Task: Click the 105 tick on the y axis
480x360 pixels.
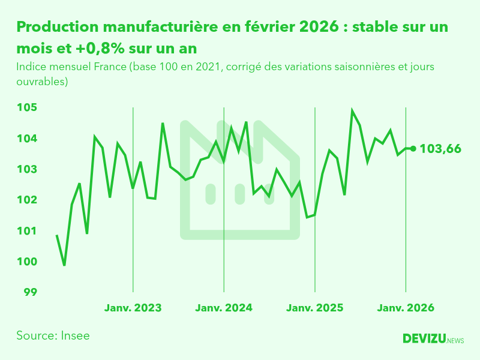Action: click(26, 108)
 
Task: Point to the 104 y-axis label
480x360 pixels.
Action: click(26, 139)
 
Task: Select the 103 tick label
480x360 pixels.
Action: click(26, 169)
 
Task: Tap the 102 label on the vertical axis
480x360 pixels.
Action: click(26, 200)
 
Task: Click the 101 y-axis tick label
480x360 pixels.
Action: click(26, 231)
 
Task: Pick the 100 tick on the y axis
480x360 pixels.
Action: click(26, 262)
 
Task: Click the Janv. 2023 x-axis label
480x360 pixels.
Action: click(133, 308)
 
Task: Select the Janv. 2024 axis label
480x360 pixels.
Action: click(224, 308)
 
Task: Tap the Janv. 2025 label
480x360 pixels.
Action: click(315, 308)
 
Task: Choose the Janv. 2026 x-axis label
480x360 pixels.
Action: click(406, 308)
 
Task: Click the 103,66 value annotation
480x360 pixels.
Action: click(440, 149)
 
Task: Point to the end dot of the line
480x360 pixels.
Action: click(413, 149)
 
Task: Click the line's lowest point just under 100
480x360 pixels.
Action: click(64, 265)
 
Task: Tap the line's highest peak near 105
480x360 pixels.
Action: click(352, 111)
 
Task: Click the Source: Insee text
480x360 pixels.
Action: click(53, 335)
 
